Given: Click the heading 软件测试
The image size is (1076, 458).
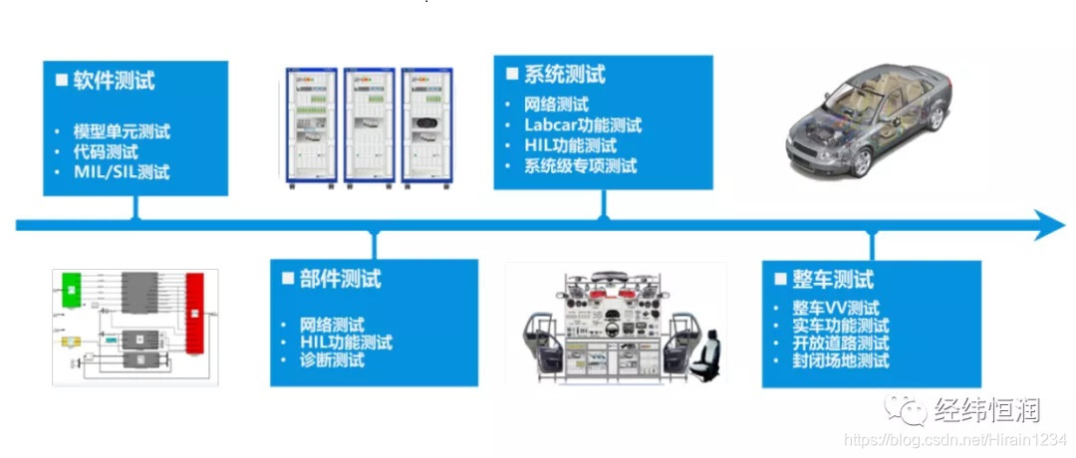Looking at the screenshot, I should point(114,82).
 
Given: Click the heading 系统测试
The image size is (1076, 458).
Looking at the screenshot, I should point(565,75).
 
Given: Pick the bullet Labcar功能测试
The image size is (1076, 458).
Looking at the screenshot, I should point(583,125).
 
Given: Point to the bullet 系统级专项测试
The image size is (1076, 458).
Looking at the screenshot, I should point(580,166).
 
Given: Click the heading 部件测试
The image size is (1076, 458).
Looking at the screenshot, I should point(340,279).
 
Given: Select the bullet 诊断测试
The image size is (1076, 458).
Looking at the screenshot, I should point(332,360).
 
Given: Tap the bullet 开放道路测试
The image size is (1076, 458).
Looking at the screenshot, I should point(833,343).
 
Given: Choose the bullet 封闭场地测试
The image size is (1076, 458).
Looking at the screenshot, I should point(833,360).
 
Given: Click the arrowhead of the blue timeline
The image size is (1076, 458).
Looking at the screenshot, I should point(1051,225).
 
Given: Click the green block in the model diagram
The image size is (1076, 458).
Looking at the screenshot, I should point(71,288).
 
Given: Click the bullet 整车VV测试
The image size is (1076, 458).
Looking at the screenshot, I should point(828,308).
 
